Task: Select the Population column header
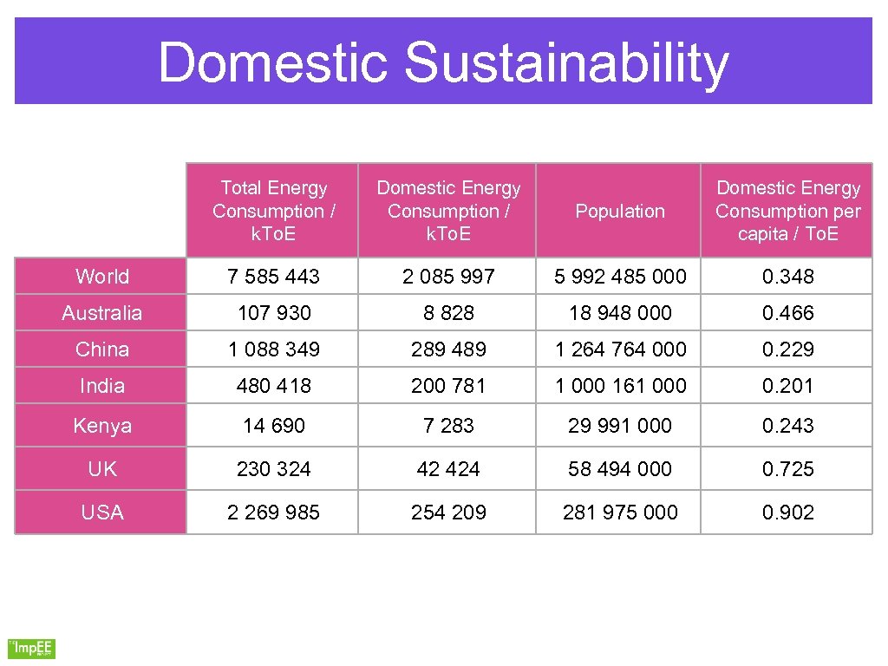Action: (x=619, y=211)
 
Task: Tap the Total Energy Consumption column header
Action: (x=273, y=211)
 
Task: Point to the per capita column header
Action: (x=787, y=211)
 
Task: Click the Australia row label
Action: (x=101, y=313)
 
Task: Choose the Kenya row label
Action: (x=101, y=426)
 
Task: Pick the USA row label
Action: (x=101, y=513)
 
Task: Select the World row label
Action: (x=101, y=277)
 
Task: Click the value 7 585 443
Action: (x=273, y=277)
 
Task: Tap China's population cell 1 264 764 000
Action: (x=620, y=349)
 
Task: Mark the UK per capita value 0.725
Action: (x=787, y=469)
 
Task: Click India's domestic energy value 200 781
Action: (x=447, y=386)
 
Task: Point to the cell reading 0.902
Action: (x=787, y=513)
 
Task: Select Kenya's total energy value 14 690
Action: (x=273, y=426)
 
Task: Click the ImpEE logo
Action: (x=31, y=648)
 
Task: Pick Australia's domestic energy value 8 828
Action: (x=447, y=313)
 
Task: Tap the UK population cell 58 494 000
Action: (x=620, y=469)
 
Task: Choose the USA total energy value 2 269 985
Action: (x=273, y=513)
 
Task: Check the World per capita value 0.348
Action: (x=787, y=277)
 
